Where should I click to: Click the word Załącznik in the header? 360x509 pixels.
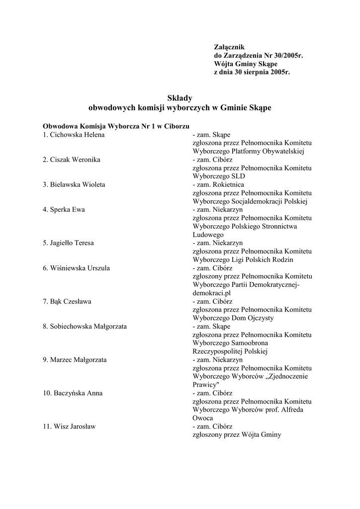[x=229, y=47]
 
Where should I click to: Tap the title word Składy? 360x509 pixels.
[x=180, y=98]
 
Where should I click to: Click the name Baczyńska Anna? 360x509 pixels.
[x=76, y=393]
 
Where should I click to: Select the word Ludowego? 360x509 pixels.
[x=208, y=234]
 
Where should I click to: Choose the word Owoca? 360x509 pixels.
[x=203, y=418]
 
